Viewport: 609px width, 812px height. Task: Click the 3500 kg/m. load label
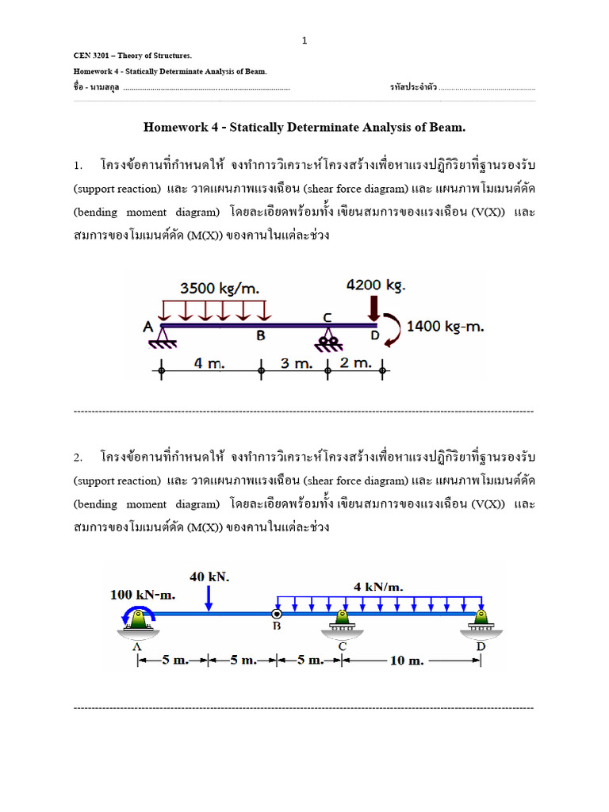click(220, 288)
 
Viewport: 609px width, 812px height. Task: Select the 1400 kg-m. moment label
click(445, 325)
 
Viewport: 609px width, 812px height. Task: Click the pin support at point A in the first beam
click(161, 336)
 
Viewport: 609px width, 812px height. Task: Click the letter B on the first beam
click(260, 335)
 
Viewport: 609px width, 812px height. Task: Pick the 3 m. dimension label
click(293, 362)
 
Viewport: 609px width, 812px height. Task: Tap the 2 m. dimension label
click(354, 362)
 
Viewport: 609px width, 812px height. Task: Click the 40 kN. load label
click(209, 577)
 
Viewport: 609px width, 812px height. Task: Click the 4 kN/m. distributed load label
click(378, 587)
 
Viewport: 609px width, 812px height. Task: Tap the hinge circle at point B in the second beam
click(277, 613)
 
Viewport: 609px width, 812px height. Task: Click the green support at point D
click(480, 620)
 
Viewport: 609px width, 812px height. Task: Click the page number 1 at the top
click(304, 40)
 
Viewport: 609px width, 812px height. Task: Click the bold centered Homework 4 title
click(304, 127)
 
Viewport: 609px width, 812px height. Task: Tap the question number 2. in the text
click(78, 458)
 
